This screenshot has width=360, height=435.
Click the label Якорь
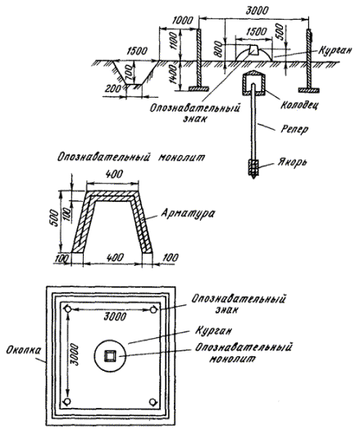(x=292, y=163)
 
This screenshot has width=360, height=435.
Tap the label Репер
(x=294, y=130)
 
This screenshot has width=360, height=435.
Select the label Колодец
(x=299, y=105)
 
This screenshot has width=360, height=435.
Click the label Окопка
(x=24, y=350)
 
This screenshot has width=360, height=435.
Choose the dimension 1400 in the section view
(x=174, y=75)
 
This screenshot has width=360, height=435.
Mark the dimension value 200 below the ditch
(x=114, y=89)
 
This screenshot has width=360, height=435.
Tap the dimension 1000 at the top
(x=182, y=21)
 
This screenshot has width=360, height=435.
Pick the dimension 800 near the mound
(x=219, y=49)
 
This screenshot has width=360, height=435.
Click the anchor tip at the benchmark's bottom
(x=253, y=177)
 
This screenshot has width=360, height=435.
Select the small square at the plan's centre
(x=110, y=356)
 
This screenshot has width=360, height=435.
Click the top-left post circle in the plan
(x=67, y=309)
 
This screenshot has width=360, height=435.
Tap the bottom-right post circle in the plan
(x=153, y=402)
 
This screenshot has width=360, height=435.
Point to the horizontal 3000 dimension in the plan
(x=115, y=316)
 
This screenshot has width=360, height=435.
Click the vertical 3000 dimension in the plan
(x=75, y=355)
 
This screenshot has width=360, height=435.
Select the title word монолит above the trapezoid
(x=182, y=158)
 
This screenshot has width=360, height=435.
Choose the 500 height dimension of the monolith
(x=56, y=218)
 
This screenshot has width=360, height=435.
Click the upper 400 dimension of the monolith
(x=114, y=174)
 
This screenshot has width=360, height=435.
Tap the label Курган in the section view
(x=335, y=51)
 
